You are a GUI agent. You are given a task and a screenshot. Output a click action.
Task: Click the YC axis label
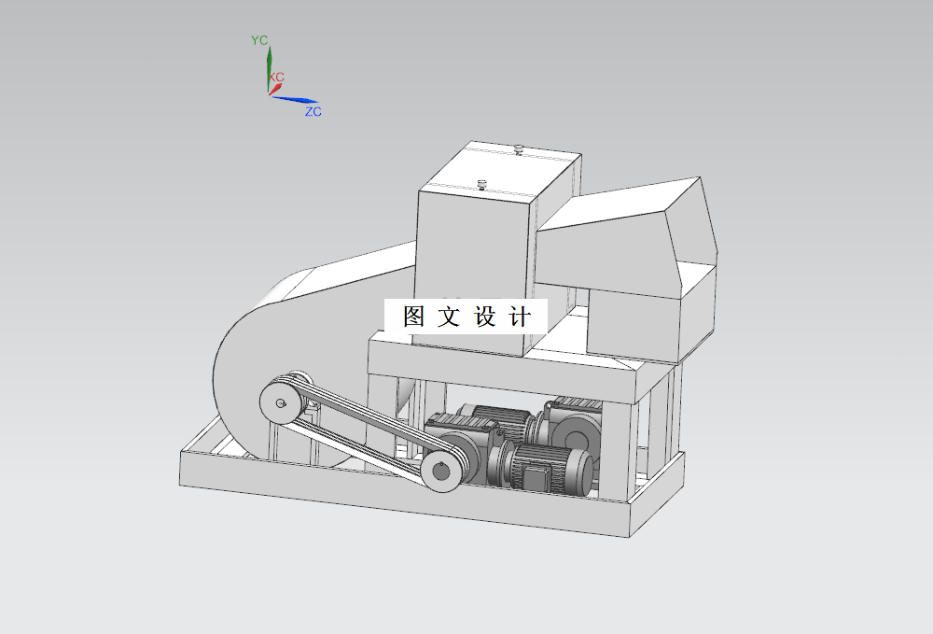(259, 40)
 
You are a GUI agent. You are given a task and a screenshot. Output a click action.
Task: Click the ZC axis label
(313, 112)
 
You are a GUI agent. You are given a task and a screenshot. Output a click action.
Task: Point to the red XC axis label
(277, 77)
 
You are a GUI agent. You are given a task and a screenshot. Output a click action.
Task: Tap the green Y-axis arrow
(269, 65)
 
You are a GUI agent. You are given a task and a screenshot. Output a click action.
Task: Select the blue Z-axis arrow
(299, 100)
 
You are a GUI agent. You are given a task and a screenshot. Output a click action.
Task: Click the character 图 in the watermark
(414, 317)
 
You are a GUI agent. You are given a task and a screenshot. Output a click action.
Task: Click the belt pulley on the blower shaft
(280, 402)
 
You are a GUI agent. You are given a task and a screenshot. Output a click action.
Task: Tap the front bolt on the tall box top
(482, 183)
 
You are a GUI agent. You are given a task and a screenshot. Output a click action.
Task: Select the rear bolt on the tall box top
(519, 148)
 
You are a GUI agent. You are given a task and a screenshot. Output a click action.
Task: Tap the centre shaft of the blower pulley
(280, 403)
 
